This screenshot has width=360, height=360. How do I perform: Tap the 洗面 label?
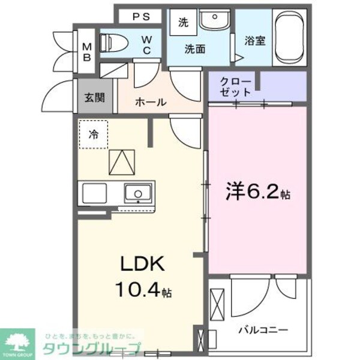tap(196, 49)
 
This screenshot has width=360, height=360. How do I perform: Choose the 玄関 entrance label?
tap(94, 97)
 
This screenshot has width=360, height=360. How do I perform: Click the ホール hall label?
tap(150, 102)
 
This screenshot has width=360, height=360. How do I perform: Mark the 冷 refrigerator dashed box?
tap(94, 134)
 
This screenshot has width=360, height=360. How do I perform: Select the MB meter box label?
tap(86, 53)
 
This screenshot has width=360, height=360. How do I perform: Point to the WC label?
tap(147, 46)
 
